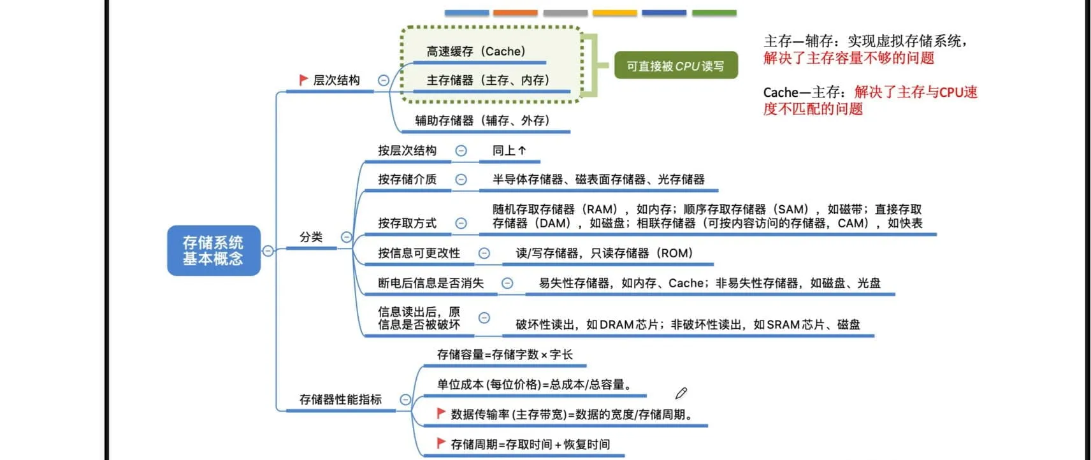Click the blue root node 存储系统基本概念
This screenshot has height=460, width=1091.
(214, 250)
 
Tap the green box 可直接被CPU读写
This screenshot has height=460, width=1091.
(676, 66)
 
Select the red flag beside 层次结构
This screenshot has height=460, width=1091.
(303, 80)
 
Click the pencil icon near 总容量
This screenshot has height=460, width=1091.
(681, 393)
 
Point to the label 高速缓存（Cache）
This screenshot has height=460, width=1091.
(476, 51)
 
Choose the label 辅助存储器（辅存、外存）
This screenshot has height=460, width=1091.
(482, 120)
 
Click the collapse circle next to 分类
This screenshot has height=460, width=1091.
(346, 237)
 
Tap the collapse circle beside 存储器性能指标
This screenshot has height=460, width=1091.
(405, 399)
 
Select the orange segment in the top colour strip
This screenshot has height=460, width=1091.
(516, 13)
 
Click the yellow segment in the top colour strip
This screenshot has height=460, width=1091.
(615, 13)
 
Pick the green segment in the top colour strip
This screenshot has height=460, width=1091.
(714, 13)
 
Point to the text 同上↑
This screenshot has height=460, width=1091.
(509, 150)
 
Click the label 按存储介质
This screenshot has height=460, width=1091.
(407, 180)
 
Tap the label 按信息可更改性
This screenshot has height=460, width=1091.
(419, 253)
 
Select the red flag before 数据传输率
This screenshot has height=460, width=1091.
(441, 413)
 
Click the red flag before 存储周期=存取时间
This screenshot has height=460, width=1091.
(441, 443)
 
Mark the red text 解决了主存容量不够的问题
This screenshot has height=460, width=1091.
(849, 58)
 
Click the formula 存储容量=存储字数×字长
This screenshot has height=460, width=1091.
(505, 354)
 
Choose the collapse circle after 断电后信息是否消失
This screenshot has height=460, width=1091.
(507, 283)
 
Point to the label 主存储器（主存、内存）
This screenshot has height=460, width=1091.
(488, 80)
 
